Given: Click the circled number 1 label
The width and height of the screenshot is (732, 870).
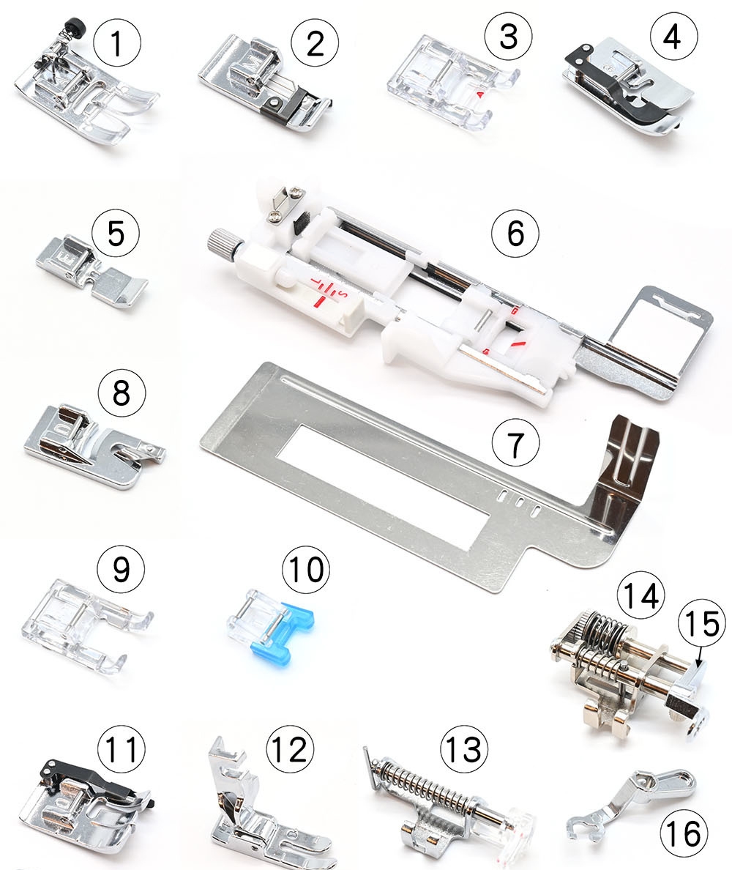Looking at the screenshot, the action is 116,42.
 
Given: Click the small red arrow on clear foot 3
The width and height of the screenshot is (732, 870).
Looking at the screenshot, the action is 480,95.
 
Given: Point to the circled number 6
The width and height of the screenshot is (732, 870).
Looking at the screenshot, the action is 515,232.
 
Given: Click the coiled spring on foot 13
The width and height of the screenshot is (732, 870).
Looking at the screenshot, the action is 425,786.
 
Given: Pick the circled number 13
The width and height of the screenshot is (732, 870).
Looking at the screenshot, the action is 464,749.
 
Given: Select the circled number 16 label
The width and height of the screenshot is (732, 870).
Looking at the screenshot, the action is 684,833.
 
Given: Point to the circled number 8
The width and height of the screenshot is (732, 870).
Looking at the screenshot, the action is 122,393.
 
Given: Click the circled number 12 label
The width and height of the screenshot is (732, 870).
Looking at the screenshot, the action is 290,749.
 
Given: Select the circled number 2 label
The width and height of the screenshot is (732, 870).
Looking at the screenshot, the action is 315,42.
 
